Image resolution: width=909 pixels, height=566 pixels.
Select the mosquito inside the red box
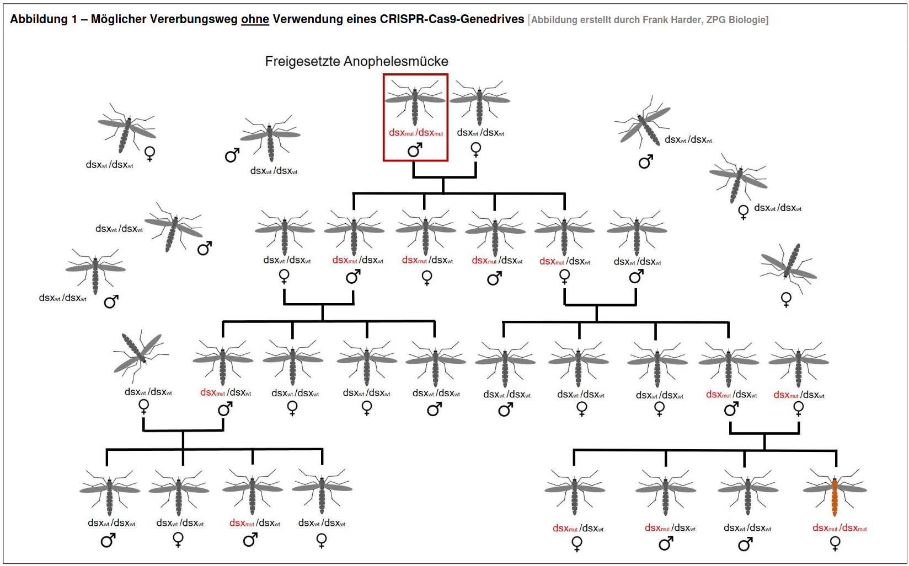click(415, 101)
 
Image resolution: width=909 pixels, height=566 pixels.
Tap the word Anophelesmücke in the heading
click(395, 61)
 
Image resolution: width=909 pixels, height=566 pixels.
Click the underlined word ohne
click(255, 19)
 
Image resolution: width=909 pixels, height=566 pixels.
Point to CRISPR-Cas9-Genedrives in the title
click(452, 19)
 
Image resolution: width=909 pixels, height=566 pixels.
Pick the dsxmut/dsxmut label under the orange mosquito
click(840, 528)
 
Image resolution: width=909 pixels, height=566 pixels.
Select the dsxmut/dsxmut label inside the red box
click(416, 133)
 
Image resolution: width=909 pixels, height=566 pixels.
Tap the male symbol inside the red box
click(415, 149)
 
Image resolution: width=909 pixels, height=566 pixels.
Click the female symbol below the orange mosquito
click(835, 543)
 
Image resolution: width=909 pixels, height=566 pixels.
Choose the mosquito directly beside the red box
click(479, 103)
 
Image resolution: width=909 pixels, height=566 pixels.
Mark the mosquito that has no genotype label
click(788, 265)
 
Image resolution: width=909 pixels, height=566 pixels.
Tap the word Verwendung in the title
click(305, 19)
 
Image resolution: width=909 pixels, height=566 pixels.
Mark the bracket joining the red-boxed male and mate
click(444, 177)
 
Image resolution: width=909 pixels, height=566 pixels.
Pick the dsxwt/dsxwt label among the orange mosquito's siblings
click(747, 528)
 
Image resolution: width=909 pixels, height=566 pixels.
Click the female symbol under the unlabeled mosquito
click(786, 299)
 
